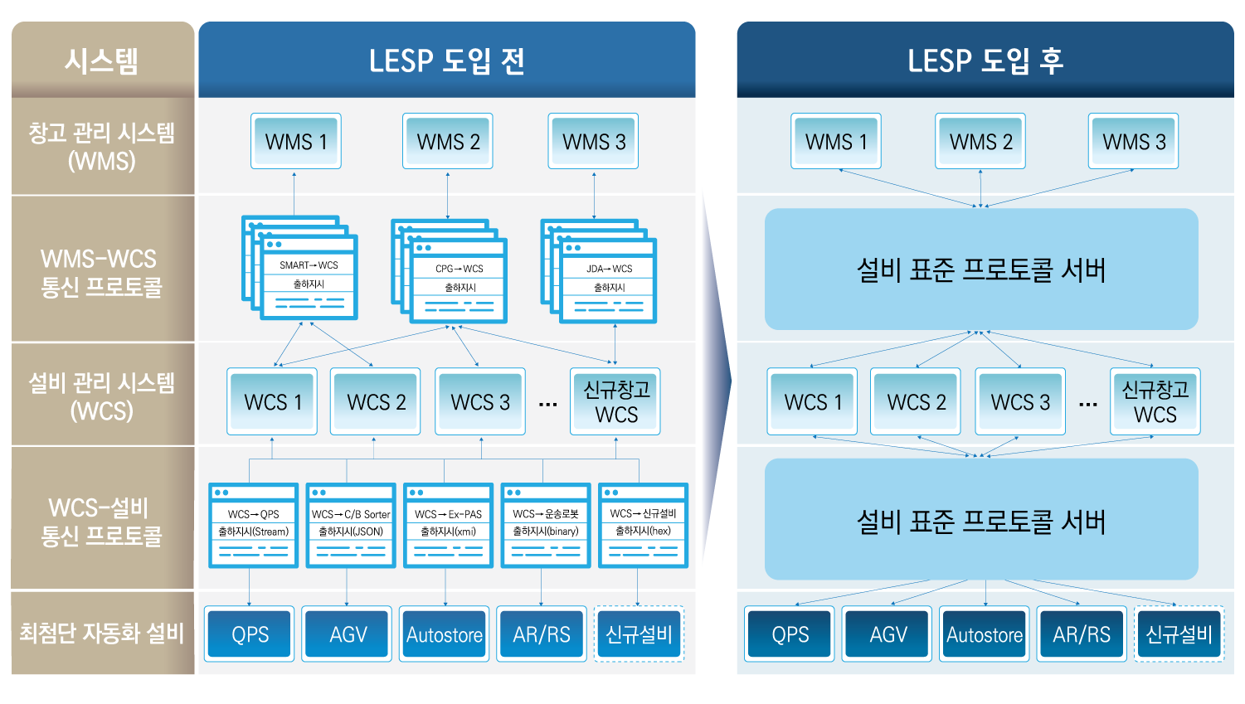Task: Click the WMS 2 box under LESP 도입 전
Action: point(448,142)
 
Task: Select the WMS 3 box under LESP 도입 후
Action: point(1133,142)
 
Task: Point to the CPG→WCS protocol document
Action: point(459,279)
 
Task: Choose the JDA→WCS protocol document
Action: point(608,279)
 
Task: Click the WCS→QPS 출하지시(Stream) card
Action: point(253,526)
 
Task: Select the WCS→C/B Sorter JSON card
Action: point(351,526)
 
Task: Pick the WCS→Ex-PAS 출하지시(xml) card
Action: point(448,526)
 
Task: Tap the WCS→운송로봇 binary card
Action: point(546,526)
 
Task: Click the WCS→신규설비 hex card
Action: point(643,526)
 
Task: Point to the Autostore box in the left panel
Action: point(445,634)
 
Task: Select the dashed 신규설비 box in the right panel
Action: point(1179,634)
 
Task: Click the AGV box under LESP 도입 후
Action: point(888,634)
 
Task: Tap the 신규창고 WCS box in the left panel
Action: point(615,402)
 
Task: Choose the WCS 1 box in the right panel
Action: point(812,402)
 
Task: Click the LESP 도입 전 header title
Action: point(446,61)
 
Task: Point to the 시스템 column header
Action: point(102,61)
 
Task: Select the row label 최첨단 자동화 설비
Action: point(102,633)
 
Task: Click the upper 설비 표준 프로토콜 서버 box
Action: point(981,269)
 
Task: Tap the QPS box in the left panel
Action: point(250,634)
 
